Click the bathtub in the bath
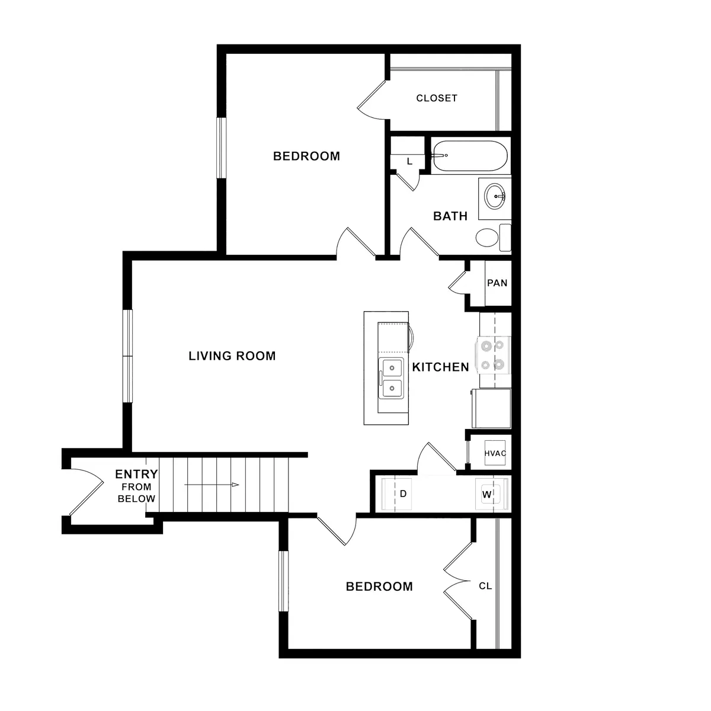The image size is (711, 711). [x=469, y=156]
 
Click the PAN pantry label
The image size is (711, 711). [x=497, y=283]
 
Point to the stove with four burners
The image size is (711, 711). [x=494, y=354]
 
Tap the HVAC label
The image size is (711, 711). [x=495, y=454]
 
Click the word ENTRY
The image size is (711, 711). [x=136, y=474]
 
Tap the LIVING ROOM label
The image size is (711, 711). [x=232, y=356]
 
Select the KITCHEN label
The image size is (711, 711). [x=440, y=367]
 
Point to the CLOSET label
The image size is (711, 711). [x=437, y=98]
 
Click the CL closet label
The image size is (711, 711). [x=485, y=587]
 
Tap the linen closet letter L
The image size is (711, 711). [x=409, y=161]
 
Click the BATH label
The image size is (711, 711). [x=450, y=216]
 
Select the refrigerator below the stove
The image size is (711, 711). [x=491, y=408]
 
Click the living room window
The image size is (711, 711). [x=127, y=356]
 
